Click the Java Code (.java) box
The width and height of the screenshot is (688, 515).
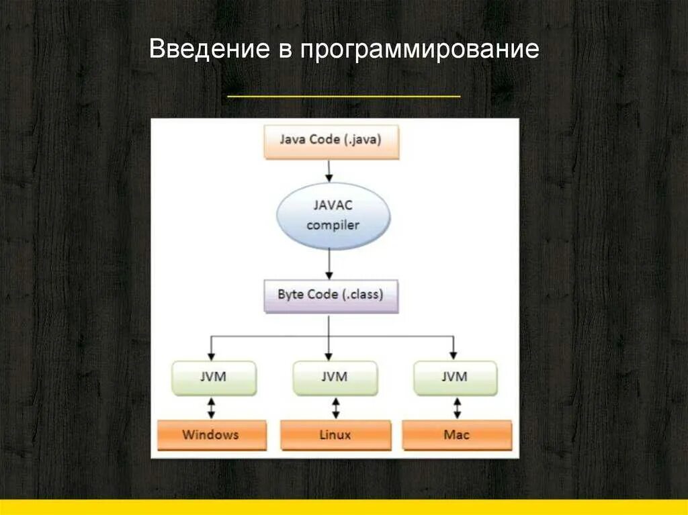pyautogui.click(x=331, y=142)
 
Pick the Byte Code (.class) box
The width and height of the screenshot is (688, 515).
pyautogui.click(x=330, y=295)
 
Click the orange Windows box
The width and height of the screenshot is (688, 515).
pyautogui.click(x=211, y=434)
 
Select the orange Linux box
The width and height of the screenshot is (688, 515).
pyautogui.click(x=335, y=434)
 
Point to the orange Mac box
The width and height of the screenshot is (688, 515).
pyautogui.click(x=457, y=434)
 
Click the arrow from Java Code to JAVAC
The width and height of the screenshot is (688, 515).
pyautogui.click(x=329, y=171)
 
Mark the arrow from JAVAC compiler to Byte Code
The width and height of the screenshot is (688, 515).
pyautogui.click(x=329, y=265)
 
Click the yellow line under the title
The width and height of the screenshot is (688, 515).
pyautogui.click(x=344, y=97)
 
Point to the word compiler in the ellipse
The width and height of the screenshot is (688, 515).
pyautogui.click(x=333, y=225)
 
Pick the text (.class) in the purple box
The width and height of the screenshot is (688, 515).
pyautogui.click(x=362, y=295)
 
